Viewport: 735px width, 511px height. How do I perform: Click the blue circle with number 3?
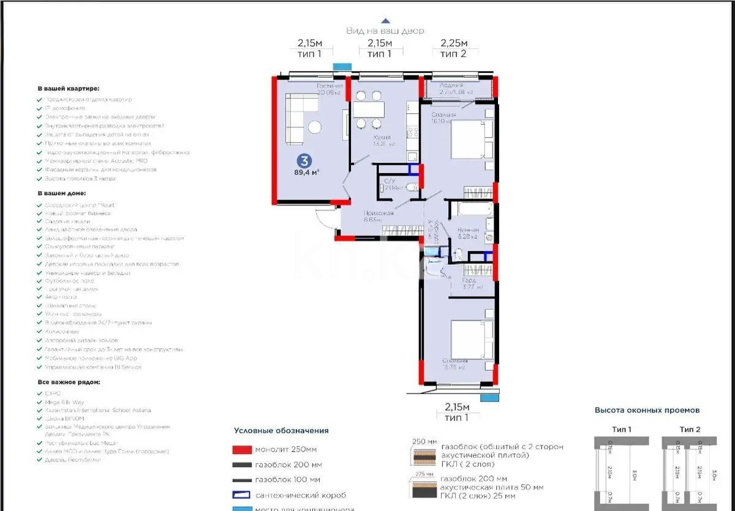point(303,161)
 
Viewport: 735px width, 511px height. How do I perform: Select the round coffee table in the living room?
point(315,127)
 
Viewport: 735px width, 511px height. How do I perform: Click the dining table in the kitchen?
point(369,110)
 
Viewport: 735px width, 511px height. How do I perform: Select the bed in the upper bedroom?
point(472,139)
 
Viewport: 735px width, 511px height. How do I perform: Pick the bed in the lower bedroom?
point(472,340)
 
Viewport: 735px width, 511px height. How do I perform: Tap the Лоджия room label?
point(451,86)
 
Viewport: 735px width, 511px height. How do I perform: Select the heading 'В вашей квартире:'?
point(68,88)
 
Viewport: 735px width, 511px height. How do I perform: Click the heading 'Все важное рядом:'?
point(69,382)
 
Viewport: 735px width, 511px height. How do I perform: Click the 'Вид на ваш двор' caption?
point(385,31)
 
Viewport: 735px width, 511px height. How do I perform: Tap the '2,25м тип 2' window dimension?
point(453,48)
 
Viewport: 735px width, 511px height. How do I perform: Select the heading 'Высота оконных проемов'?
point(647,410)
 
